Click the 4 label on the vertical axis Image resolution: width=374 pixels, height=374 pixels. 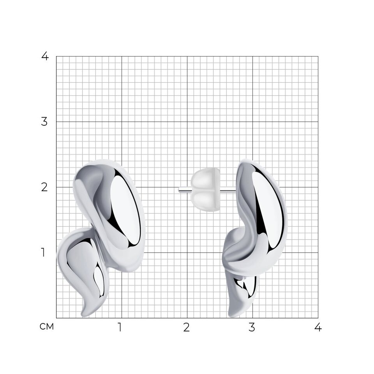[45, 56]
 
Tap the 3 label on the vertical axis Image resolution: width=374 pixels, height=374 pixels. [44, 122]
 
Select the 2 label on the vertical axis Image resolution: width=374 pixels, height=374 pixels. [44, 187]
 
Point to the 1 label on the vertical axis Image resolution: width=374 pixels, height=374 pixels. [43, 252]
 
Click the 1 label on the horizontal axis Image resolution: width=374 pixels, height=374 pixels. [120, 327]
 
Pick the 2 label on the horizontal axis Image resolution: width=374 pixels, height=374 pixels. [187, 327]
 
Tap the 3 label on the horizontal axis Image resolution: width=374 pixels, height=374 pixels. [252, 327]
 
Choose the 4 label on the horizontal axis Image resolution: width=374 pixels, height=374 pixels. [318, 327]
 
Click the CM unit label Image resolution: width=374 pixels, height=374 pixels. [47, 327]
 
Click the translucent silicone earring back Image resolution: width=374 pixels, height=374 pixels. [206, 190]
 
